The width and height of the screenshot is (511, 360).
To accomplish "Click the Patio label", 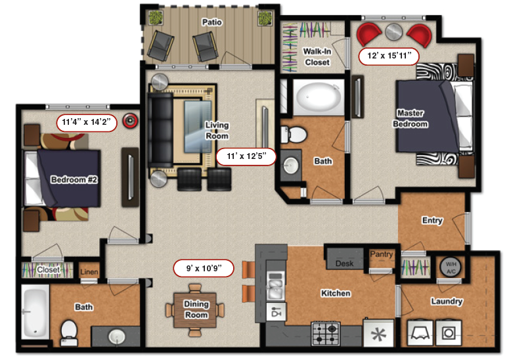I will [212, 22].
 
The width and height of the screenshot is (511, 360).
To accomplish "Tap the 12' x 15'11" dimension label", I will [389, 56].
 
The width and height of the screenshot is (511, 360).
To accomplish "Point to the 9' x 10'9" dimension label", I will [204, 268].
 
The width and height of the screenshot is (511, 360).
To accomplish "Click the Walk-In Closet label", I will [317, 56].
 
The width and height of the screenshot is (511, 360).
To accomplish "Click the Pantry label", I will [381, 254].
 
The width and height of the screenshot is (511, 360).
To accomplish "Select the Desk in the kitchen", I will [344, 263].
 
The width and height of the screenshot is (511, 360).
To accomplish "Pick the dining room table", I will [196, 309].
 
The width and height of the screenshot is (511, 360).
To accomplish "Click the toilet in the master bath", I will [295, 135].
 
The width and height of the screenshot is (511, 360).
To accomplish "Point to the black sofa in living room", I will [160, 131].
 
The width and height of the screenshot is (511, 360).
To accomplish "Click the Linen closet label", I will [89, 272].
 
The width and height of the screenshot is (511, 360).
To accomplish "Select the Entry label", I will [432, 221].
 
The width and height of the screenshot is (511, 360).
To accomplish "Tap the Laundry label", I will [447, 302].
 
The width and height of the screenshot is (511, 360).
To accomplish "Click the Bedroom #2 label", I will [74, 179].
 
